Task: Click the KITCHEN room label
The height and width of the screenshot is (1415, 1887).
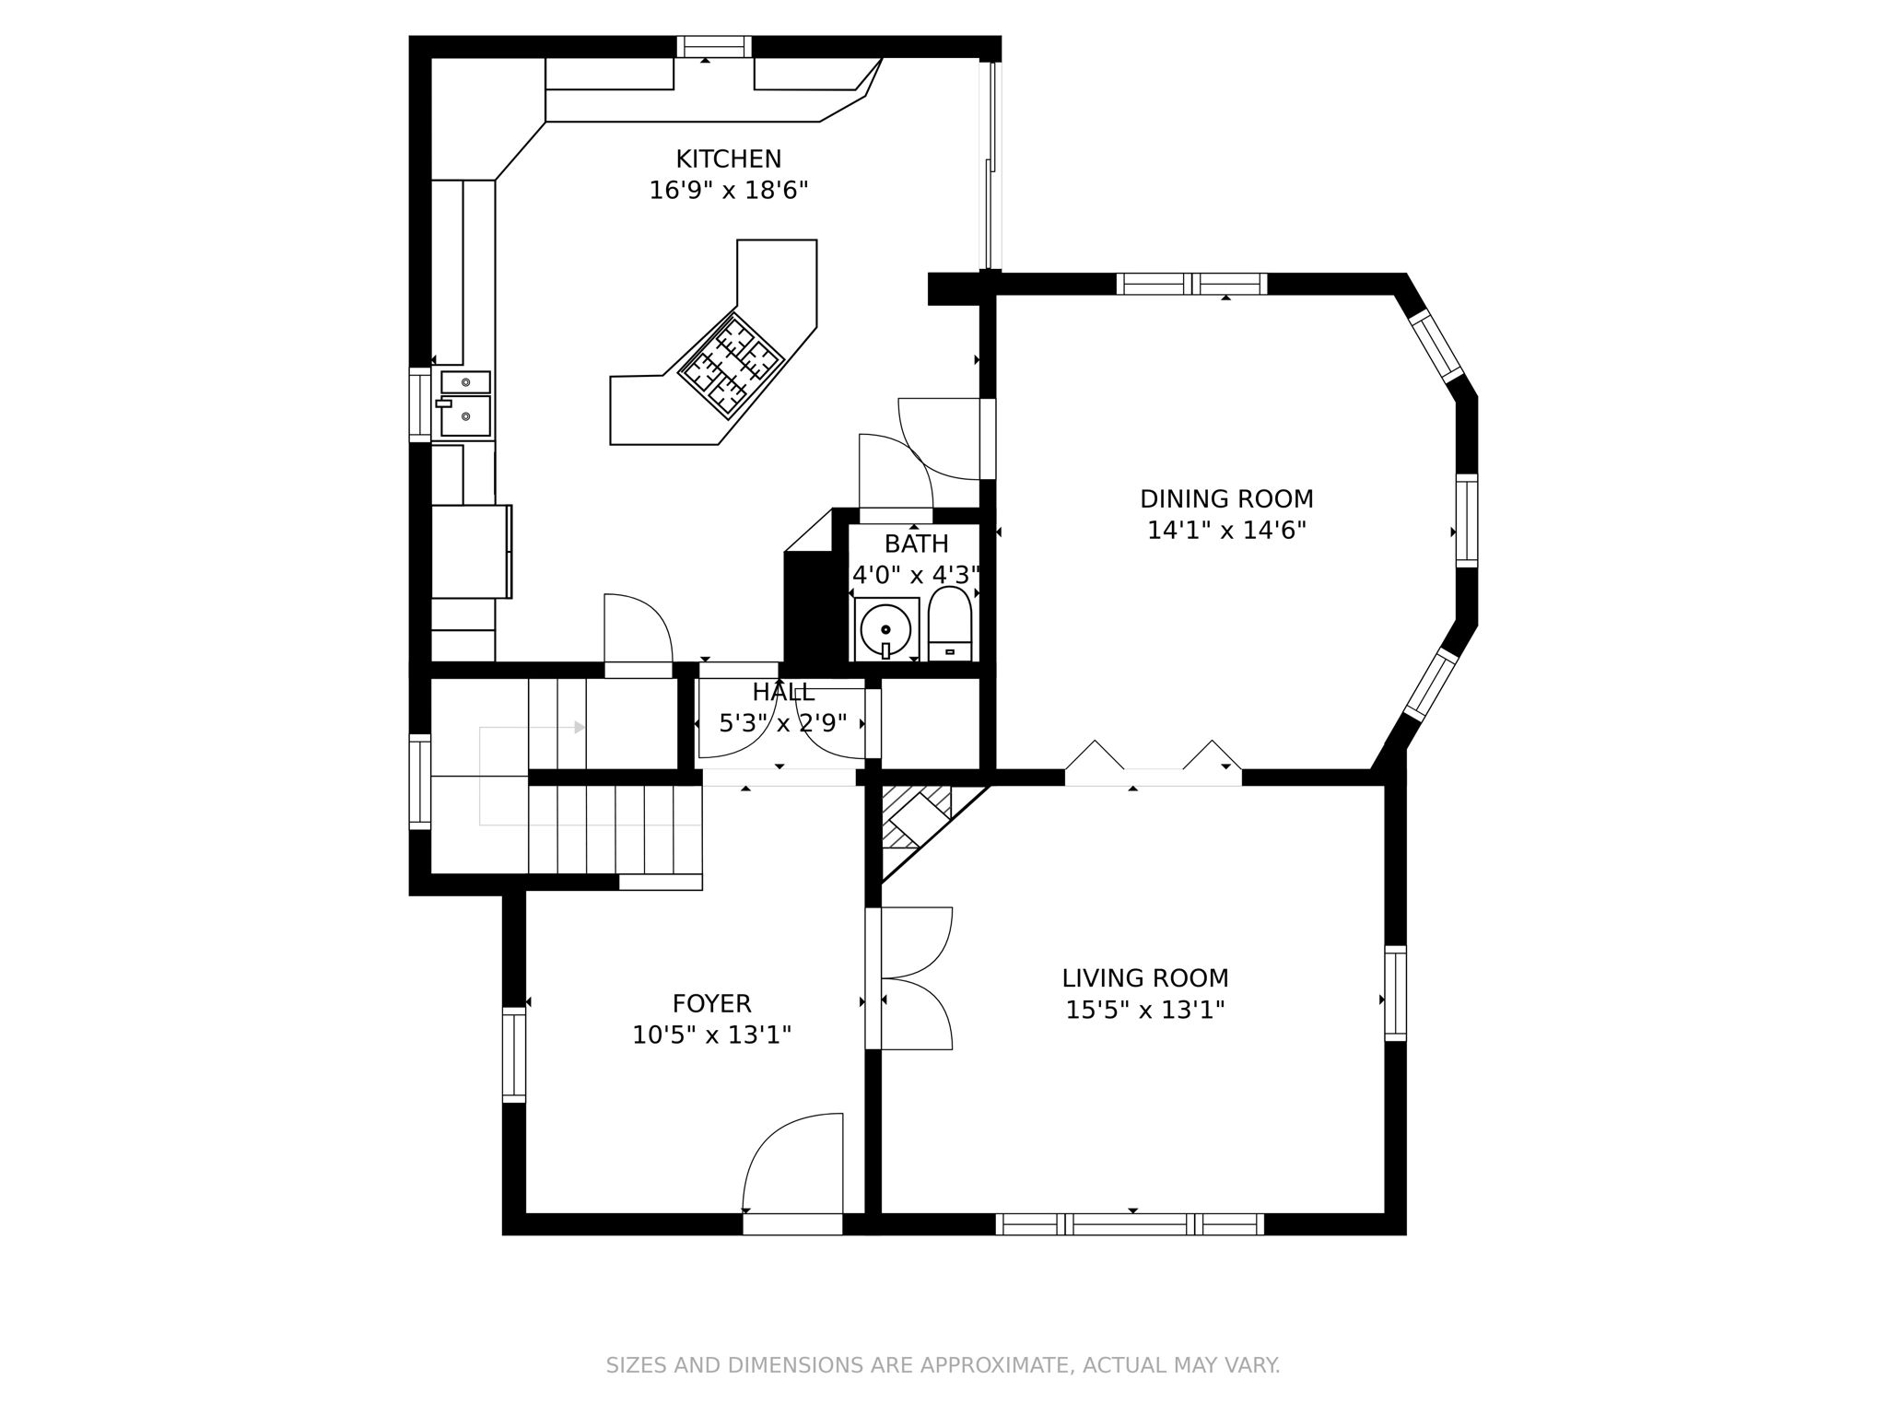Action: [728, 159]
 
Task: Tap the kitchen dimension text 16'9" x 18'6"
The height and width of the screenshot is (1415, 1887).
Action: [728, 191]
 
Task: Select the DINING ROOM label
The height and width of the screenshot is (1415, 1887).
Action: [1226, 499]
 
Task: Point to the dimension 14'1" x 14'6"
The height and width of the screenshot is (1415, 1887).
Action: [1226, 531]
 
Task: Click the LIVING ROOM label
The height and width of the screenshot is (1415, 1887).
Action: [1144, 978]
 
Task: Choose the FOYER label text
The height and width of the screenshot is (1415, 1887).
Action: [711, 1003]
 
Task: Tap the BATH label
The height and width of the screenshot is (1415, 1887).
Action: [916, 544]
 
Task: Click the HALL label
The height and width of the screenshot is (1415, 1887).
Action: [783, 693]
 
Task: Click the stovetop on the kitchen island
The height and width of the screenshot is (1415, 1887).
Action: [731, 367]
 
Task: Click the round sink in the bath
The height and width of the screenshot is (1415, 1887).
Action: [885, 630]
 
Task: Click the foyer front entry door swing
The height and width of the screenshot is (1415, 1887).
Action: [793, 1165]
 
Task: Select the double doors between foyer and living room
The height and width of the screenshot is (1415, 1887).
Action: [912, 978]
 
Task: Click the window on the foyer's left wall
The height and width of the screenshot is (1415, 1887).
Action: [513, 1055]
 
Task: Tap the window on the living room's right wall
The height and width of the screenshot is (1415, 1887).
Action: [1396, 994]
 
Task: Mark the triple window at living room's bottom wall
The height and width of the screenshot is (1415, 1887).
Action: [1130, 1224]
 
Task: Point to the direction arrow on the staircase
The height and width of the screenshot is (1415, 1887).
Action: [579, 728]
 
